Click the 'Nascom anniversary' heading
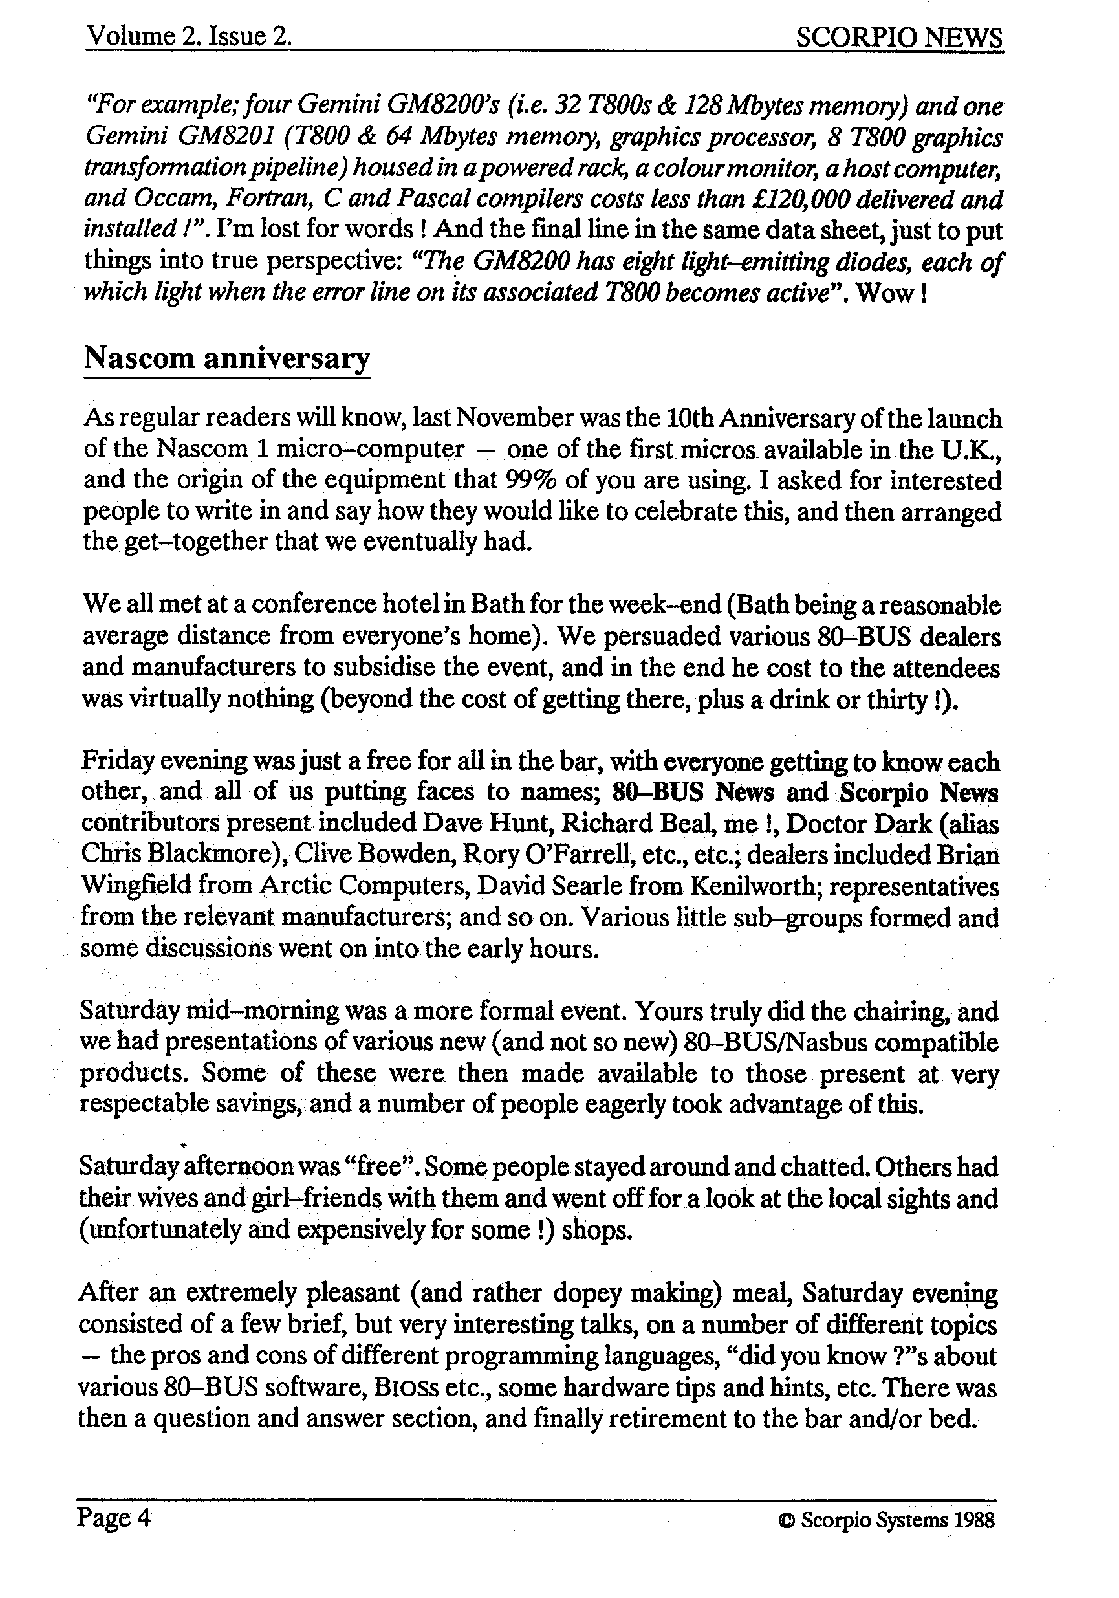click(x=226, y=358)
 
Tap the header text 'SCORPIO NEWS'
click(x=898, y=37)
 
